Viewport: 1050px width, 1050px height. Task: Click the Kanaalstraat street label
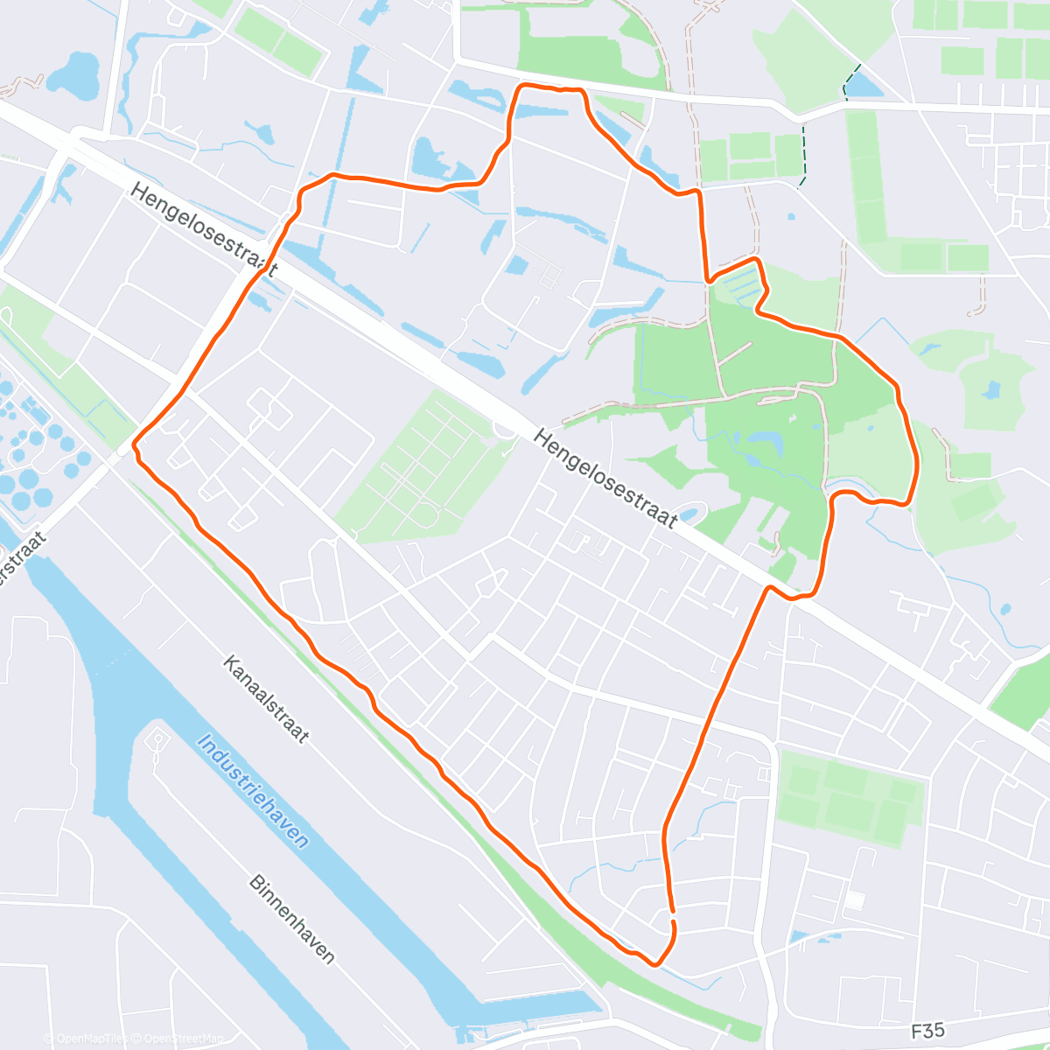point(266,699)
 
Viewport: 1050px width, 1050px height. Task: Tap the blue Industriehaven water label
point(253,791)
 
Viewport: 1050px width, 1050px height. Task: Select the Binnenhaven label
point(291,918)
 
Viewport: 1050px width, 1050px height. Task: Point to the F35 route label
point(927,1031)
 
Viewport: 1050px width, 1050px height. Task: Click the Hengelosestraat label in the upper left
point(204,230)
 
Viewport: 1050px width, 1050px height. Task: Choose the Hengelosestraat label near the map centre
point(605,479)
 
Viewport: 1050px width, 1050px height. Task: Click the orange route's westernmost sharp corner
point(134,446)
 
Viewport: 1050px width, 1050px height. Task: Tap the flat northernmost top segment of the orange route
point(551,87)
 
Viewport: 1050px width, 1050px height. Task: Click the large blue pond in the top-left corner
point(73,73)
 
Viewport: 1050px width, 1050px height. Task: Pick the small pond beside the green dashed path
point(863,85)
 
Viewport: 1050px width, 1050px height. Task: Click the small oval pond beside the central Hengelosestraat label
point(691,514)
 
